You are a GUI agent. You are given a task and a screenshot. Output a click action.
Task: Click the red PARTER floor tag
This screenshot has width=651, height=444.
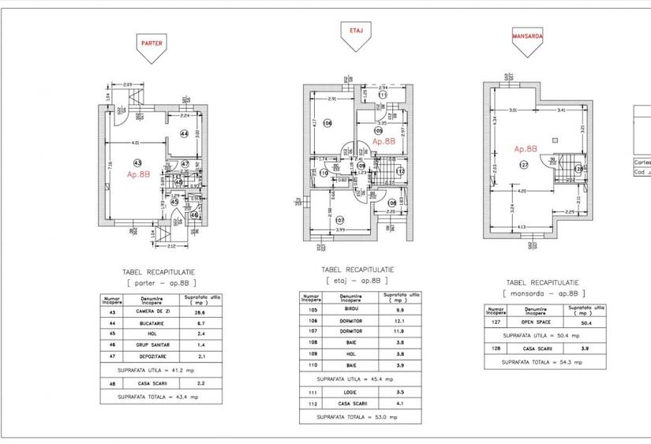[152, 44]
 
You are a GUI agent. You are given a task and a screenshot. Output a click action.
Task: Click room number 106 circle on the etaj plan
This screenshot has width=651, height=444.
[327, 123]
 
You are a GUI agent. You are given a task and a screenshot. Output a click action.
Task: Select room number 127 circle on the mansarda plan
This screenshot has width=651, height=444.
[523, 165]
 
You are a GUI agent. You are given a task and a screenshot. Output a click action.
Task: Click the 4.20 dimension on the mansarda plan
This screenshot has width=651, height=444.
[522, 192]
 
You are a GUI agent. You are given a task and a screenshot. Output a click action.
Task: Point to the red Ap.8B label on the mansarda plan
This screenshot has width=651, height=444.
[526, 148]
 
